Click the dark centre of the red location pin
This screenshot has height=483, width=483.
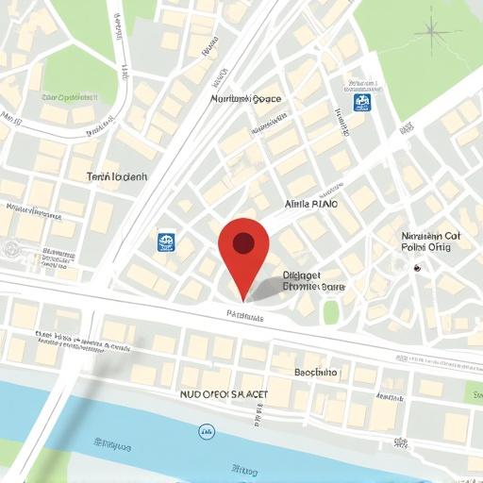click(x=243, y=244)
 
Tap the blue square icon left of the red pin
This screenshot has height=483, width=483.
click(x=167, y=242)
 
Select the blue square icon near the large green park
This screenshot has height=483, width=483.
click(x=362, y=102)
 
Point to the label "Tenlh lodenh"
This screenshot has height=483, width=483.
click(x=117, y=176)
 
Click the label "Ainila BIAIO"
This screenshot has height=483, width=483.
click(x=316, y=204)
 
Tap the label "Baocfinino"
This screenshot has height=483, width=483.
click(x=315, y=373)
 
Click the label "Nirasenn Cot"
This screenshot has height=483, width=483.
click(x=430, y=236)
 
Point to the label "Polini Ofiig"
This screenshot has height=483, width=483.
click(x=426, y=250)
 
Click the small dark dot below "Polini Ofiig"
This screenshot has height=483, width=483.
click(x=416, y=268)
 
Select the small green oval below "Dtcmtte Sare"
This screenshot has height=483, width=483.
click(x=330, y=312)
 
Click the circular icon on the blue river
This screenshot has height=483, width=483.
click(x=206, y=432)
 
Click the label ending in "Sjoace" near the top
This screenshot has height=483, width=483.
click(x=246, y=98)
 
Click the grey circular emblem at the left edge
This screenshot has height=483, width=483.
click(x=10, y=250)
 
